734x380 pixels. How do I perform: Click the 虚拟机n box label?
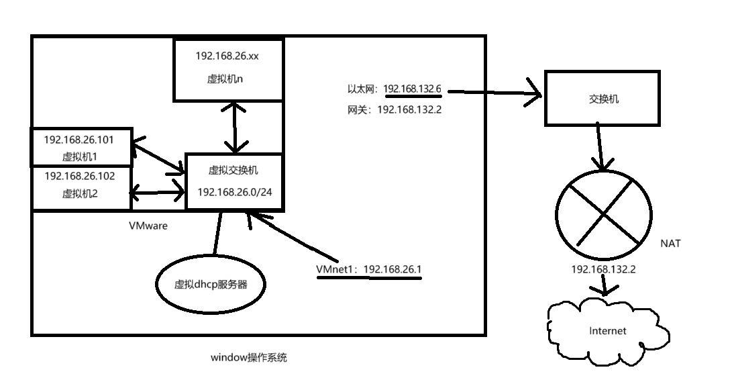[x=228, y=78]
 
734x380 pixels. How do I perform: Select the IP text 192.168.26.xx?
[x=227, y=56]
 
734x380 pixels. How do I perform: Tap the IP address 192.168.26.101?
[x=79, y=140]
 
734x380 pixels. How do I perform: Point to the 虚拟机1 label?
[x=79, y=157]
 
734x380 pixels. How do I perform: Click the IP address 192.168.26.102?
[x=79, y=177]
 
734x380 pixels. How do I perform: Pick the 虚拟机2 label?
[x=79, y=194]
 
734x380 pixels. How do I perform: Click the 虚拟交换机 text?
[x=233, y=171]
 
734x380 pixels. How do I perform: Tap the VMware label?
[x=148, y=226]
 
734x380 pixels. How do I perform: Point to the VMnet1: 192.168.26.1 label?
[x=369, y=269]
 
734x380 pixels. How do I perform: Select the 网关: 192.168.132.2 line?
[x=394, y=109]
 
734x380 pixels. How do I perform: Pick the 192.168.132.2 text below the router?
[x=602, y=269]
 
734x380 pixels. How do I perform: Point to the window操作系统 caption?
[x=248, y=357]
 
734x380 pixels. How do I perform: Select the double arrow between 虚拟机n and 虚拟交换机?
[x=234, y=126]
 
